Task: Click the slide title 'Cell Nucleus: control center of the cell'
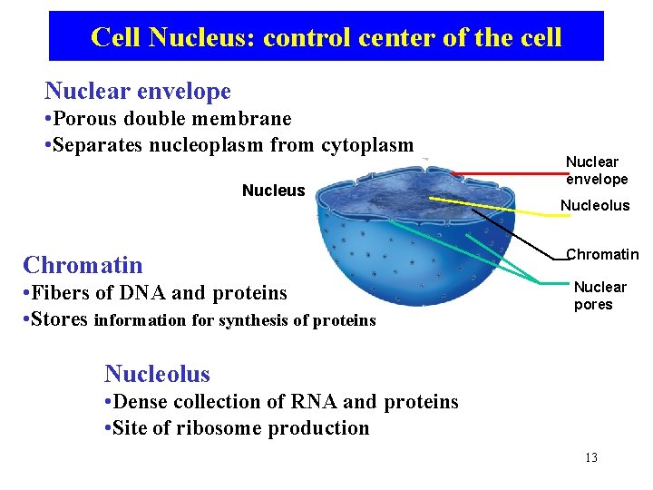pos(326,37)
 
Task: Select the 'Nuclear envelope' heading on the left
pos(138,91)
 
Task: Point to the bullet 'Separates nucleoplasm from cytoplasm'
pos(229,145)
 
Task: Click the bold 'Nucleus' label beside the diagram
pos(273,191)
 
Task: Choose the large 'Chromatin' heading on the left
pos(83,265)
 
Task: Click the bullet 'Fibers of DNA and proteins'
pos(156,293)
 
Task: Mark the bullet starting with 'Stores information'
pos(200,319)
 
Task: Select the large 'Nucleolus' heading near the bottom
pos(157,374)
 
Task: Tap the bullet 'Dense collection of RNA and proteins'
pos(281,402)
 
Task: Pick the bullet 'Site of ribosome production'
pos(237,428)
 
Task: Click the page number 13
pos(590,457)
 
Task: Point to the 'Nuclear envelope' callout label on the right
pos(596,171)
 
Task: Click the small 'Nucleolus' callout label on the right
pos(594,206)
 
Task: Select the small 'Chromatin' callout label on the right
pos(602,254)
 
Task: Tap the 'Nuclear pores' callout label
pos(599,296)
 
